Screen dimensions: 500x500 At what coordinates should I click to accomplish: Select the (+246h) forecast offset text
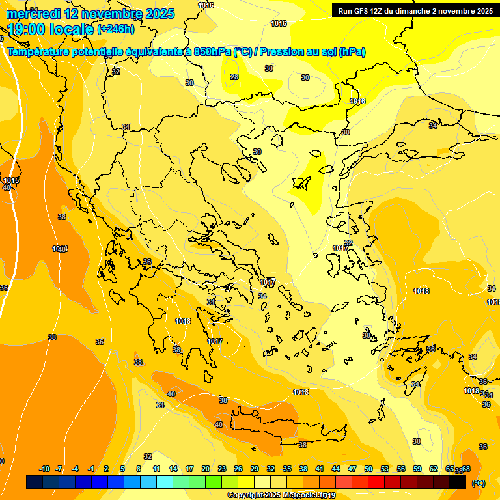(116, 29)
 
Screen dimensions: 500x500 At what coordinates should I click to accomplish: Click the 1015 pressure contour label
(11, 180)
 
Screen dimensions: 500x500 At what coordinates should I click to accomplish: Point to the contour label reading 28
(234, 77)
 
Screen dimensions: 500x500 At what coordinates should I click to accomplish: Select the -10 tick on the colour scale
(44, 469)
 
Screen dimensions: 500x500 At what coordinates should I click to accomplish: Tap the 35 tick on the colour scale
(287, 469)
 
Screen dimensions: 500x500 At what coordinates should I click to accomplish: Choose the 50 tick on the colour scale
(368, 469)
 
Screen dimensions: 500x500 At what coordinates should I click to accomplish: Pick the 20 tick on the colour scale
(206, 469)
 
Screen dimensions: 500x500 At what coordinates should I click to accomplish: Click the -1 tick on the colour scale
(91, 469)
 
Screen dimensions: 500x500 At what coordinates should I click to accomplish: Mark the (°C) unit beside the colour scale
(478, 483)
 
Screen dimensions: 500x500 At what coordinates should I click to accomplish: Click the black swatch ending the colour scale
(458, 482)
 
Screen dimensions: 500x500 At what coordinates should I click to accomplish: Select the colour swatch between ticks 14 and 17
(181, 482)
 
